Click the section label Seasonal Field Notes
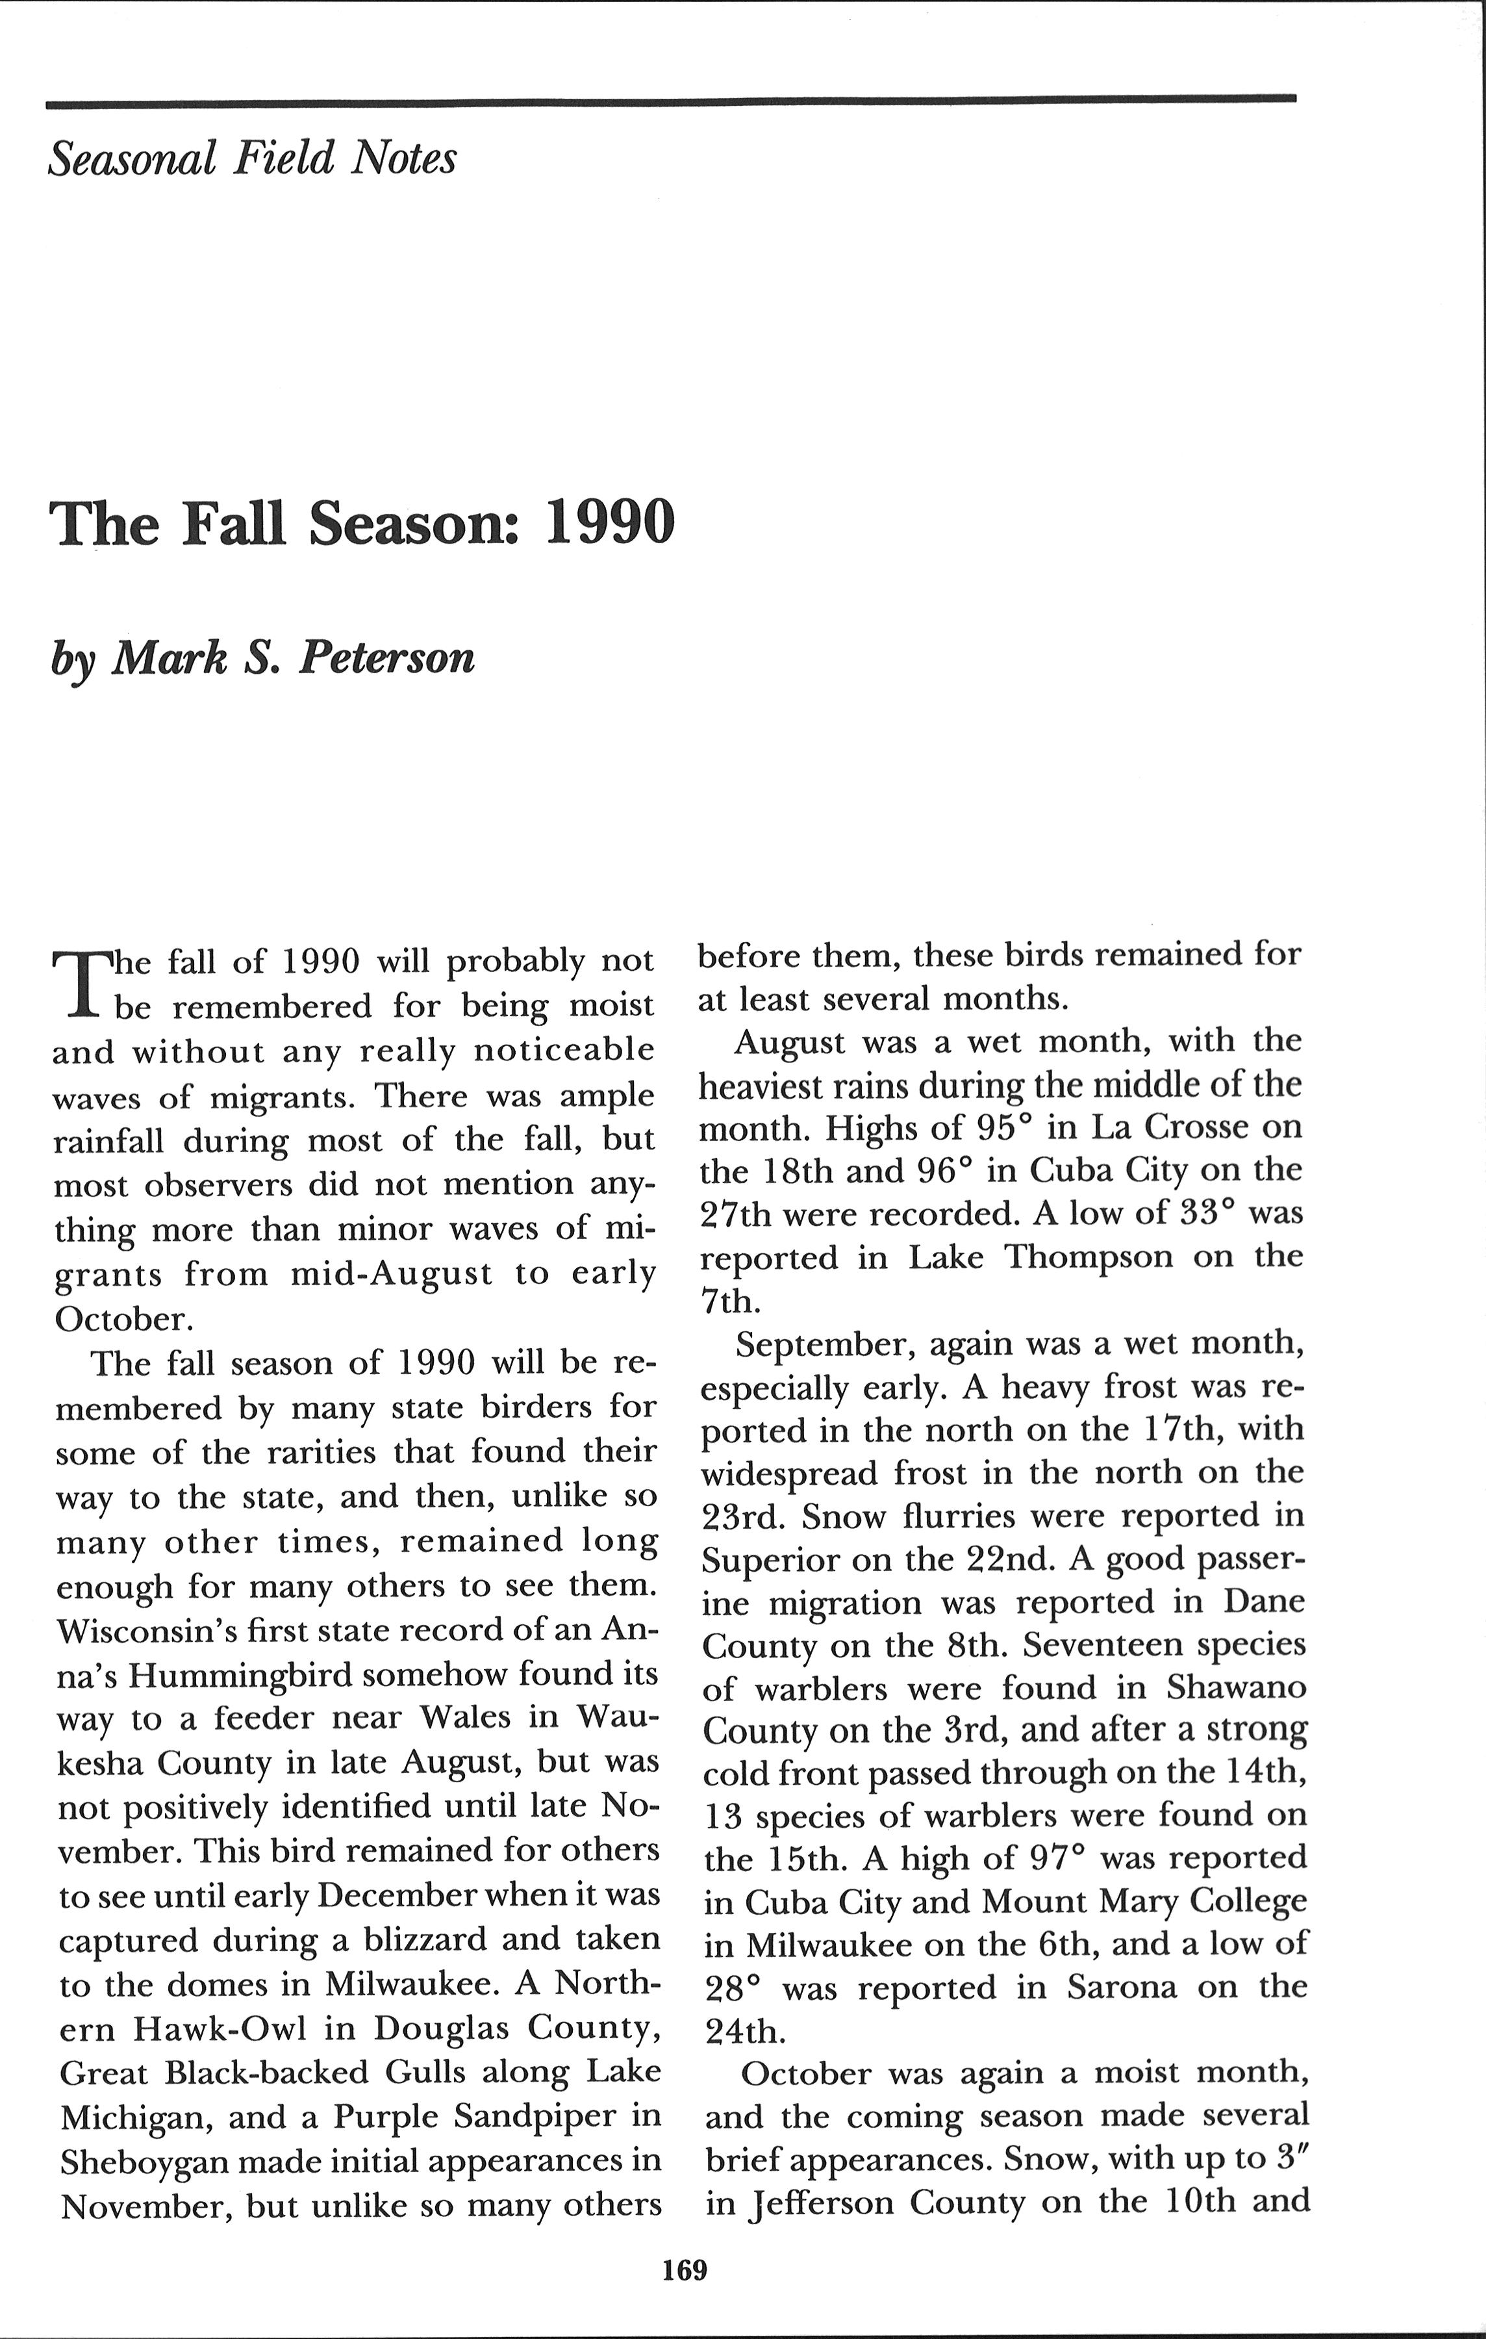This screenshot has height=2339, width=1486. pos(251,157)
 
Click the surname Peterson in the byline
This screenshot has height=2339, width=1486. pos(386,658)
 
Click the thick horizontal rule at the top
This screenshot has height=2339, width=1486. pos(670,98)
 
